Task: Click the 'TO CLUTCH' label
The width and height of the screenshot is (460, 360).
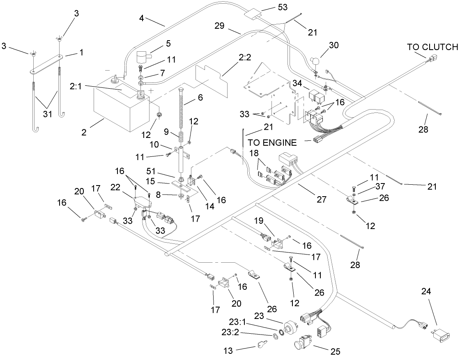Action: point(432,46)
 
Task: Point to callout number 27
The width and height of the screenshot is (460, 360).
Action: point(321,199)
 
